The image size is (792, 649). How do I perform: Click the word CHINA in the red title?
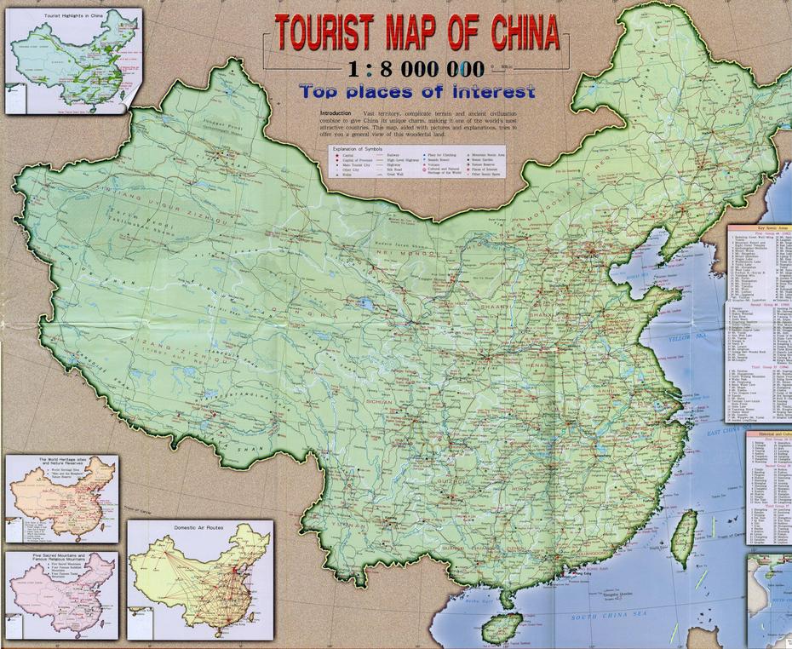click(525, 33)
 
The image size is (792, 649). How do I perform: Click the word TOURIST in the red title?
click(324, 33)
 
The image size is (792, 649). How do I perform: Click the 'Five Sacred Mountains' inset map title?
click(60, 556)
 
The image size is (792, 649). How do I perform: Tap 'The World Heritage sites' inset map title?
click(61, 461)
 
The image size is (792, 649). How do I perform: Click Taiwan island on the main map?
click(686, 530)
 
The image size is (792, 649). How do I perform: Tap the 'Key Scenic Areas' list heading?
click(758, 231)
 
